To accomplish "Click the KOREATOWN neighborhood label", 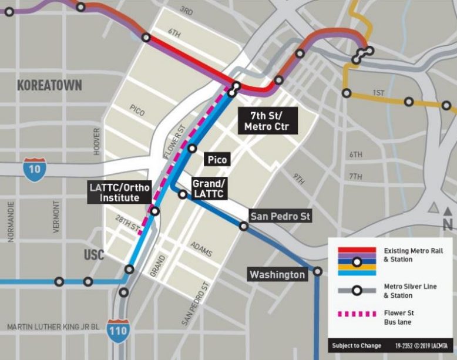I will pyautogui.click(x=49, y=86).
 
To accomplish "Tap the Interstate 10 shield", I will pyautogui.click(x=32, y=169).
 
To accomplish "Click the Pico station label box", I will pyautogui.click(x=217, y=159).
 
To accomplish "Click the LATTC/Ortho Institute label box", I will pyautogui.click(x=119, y=193).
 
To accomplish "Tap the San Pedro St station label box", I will pyautogui.click(x=280, y=217).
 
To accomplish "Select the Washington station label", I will pyautogui.click(x=277, y=274).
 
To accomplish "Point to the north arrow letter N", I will pyautogui.click(x=447, y=224).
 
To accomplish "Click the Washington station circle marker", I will pyautogui.click(x=318, y=271).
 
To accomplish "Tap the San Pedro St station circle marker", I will pyautogui.click(x=244, y=226).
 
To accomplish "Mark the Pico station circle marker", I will pyautogui.click(x=191, y=149).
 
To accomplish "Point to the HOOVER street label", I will pyautogui.click(x=97, y=142).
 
